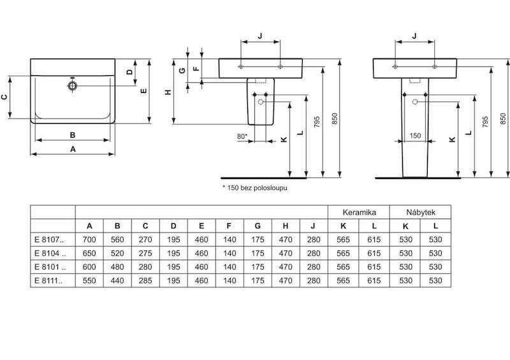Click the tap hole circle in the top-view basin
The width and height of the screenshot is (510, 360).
(x=73, y=86)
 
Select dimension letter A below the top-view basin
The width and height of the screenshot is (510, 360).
(x=73, y=149)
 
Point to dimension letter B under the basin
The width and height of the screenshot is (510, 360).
(x=73, y=135)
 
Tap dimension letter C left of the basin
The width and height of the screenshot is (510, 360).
(x=4, y=97)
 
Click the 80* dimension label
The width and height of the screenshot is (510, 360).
(x=242, y=136)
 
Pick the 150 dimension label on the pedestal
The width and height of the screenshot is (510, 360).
(x=415, y=136)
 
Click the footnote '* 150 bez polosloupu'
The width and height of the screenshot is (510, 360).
(x=254, y=187)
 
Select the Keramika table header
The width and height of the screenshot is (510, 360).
(x=359, y=212)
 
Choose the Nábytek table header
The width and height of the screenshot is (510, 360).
(x=421, y=212)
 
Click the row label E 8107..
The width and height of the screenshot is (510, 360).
(x=50, y=240)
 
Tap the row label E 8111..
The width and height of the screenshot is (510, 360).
(x=48, y=280)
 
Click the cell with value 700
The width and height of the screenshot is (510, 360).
(x=89, y=240)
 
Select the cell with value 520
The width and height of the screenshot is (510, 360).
(x=117, y=254)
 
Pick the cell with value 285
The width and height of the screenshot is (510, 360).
(x=145, y=280)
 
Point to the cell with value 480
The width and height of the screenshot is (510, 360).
(x=117, y=267)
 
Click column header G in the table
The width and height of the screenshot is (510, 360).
(x=258, y=226)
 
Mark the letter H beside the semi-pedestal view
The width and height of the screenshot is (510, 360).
(x=168, y=92)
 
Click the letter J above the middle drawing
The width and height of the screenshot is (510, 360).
(x=260, y=36)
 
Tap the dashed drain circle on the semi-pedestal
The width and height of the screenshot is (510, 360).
(x=260, y=102)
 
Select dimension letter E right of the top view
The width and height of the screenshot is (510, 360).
(x=143, y=91)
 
